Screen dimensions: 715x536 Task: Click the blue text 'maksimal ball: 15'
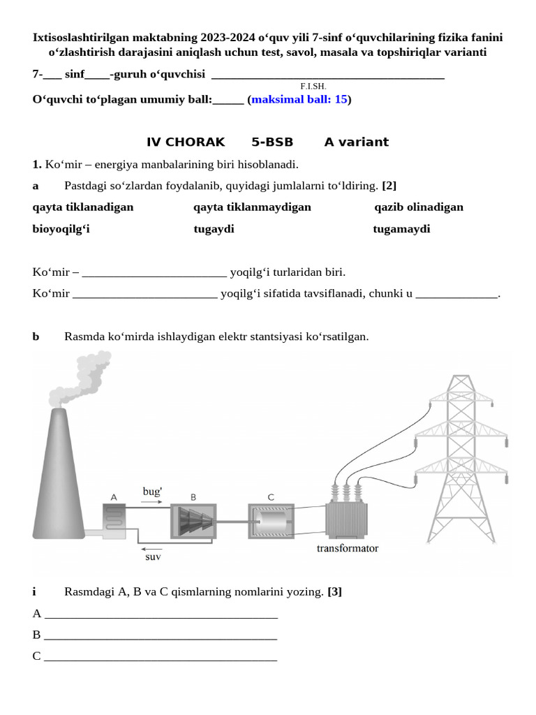pyautogui.click(x=299, y=99)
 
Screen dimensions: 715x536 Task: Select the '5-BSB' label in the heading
pyautogui.click(x=272, y=142)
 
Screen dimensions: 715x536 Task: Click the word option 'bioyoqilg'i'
pyautogui.click(x=61, y=229)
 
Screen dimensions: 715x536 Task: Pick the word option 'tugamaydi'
pyautogui.click(x=401, y=229)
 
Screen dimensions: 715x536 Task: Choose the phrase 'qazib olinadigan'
pyautogui.click(x=419, y=207)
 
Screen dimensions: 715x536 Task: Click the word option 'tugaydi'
pyautogui.click(x=214, y=229)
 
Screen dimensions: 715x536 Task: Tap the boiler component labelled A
pyautogui.click(x=114, y=521)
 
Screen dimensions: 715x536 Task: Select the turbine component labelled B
pyautogui.click(x=193, y=521)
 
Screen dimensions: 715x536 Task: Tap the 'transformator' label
pyautogui.click(x=347, y=548)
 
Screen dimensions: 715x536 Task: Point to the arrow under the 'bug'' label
pyautogui.click(x=151, y=502)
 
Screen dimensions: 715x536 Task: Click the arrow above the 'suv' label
pyautogui.click(x=151, y=549)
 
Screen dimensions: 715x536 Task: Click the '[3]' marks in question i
pyautogui.click(x=334, y=592)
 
